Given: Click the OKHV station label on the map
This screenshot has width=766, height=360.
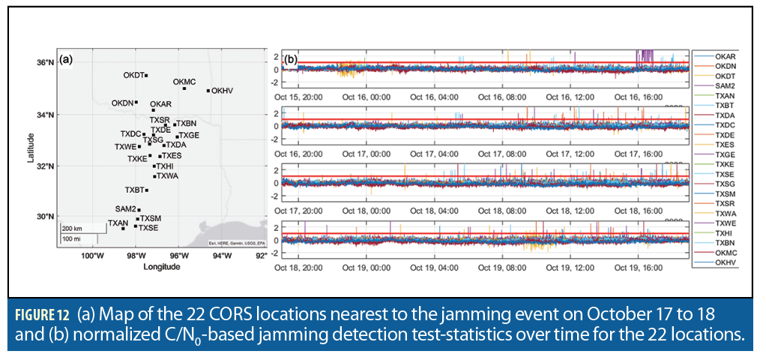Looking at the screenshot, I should click(x=222, y=91).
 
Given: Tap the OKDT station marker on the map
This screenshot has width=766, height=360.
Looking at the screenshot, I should click(x=146, y=75).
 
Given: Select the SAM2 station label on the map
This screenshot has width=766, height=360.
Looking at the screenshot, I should click(x=125, y=208).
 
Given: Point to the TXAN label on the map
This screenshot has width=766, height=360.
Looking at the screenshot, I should click(x=118, y=223).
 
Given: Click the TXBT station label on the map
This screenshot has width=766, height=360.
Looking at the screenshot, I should click(x=134, y=190).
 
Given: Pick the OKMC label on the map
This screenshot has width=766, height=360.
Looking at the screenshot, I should click(x=184, y=81).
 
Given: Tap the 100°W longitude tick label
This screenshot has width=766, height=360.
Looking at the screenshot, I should click(x=92, y=255).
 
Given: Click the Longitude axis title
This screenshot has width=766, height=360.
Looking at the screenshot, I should click(x=160, y=266).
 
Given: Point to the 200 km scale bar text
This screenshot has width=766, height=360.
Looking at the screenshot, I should click(x=72, y=228).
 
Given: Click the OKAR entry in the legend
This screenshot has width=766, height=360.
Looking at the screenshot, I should click(x=725, y=55).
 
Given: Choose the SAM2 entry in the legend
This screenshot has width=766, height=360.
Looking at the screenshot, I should click(x=725, y=86).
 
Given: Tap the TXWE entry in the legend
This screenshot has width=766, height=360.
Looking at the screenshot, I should click(x=725, y=223).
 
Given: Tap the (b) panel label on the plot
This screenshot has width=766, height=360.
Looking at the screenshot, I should click(x=291, y=58).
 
